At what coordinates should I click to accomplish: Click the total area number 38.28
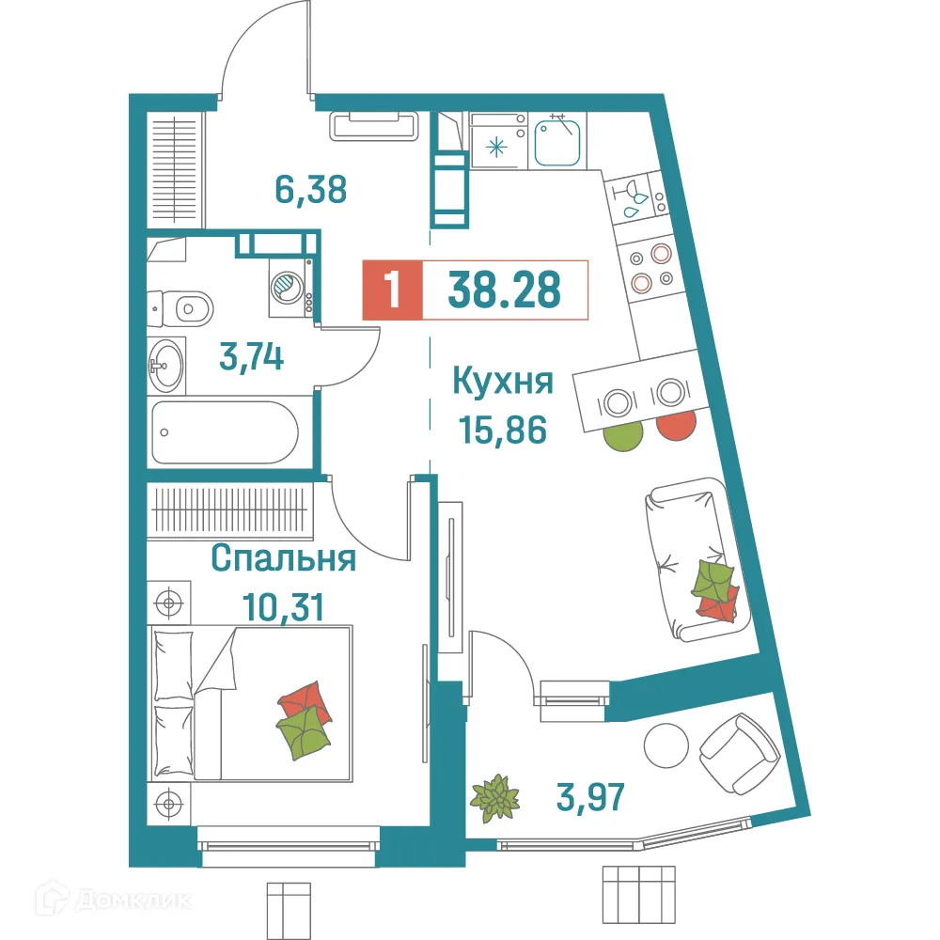(505, 290)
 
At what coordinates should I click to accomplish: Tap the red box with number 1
(392, 290)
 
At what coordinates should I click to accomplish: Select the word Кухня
(502, 383)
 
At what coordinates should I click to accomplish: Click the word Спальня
(283, 559)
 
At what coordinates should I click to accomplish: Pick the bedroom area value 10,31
(283, 606)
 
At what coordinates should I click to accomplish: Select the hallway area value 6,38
(311, 190)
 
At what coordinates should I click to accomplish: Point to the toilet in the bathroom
(182, 305)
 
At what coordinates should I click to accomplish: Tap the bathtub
(225, 432)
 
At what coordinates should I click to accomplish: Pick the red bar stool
(677, 425)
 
